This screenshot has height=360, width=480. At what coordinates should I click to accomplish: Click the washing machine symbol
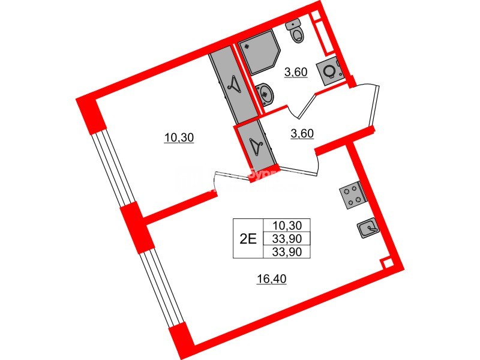pyautogui.click(x=329, y=71)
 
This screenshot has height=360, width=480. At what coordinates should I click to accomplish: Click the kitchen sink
pyautogui.click(x=367, y=228)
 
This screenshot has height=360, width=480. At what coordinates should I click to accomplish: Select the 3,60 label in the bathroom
pyautogui.click(x=296, y=73)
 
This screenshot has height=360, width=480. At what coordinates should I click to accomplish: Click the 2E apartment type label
pyautogui.click(x=247, y=238)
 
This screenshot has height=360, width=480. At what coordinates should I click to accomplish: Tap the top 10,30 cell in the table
pyautogui.click(x=286, y=226)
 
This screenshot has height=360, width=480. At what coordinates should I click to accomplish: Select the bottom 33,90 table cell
pyautogui.click(x=286, y=251)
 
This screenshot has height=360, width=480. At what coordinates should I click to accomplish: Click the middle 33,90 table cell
pyautogui.click(x=286, y=238)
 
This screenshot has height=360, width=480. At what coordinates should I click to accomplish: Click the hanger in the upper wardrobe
pyautogui.click(x=233, y=83)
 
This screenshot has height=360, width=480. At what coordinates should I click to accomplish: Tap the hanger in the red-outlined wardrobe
pyautogui.click(x=257, y=145)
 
